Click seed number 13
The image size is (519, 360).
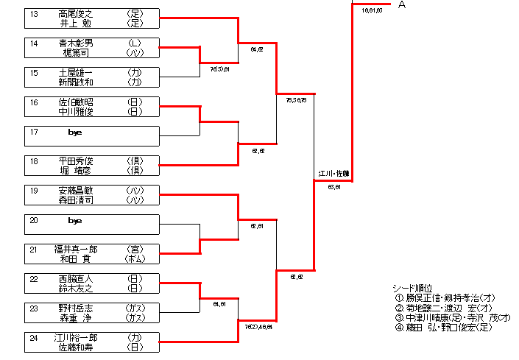[x=34, y=13]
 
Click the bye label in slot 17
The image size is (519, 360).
[x=74, y=133]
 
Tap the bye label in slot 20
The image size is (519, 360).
[x=74, y=221]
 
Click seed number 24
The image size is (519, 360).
[x=34, y=337]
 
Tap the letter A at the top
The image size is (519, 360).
[x=402, y=5]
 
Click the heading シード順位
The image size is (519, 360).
[x=412, y=288]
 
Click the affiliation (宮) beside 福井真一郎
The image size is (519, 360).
[x=134, y=249]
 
